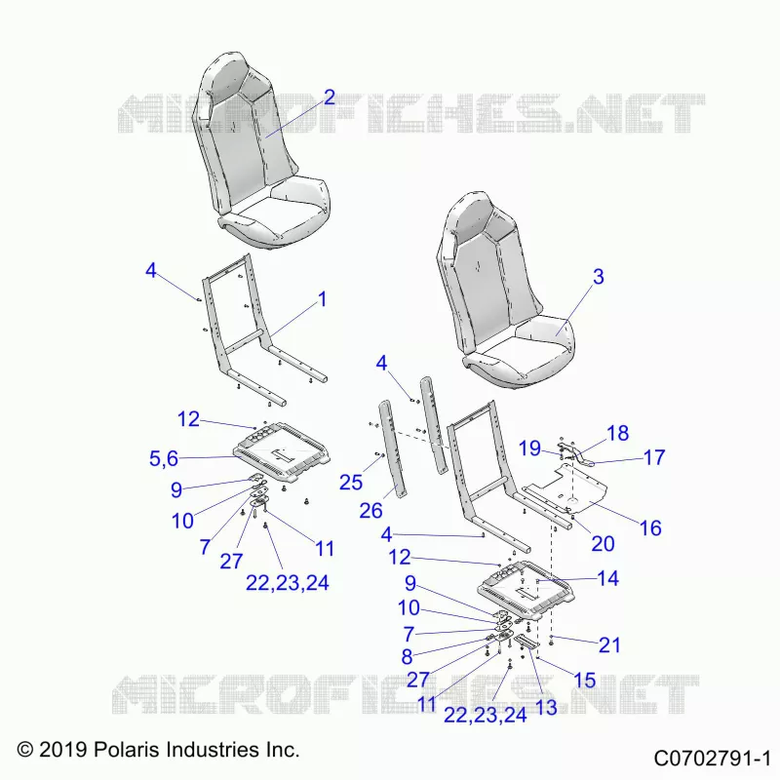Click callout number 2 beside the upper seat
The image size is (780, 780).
(330, 97)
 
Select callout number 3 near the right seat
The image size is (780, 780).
(599, 277)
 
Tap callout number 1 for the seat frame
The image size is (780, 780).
(323, 299)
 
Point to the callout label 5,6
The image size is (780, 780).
(164, 458)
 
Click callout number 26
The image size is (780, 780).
(370, 511)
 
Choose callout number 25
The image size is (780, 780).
(351, 483)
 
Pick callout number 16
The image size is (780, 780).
(650, 528)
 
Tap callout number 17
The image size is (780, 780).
(654, 457)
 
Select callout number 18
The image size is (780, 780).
(618, 433)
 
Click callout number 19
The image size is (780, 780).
(529, 448)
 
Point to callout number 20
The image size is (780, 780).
(603, 544)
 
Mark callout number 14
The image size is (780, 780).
(607, 578)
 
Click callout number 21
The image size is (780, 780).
(609, 645)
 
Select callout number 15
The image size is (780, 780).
(584, 680)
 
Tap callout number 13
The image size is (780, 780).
(546, 708)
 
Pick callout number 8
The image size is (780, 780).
(407, 657)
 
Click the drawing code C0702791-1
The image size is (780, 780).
(712, 759)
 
